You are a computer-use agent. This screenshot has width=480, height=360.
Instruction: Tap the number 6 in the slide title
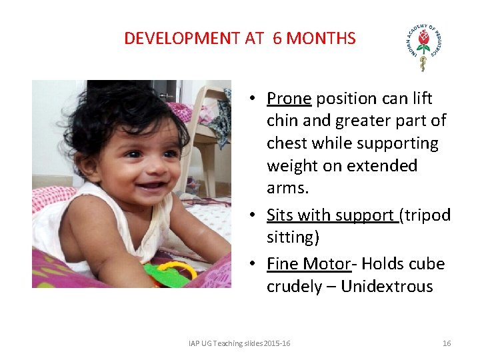click(277, 38)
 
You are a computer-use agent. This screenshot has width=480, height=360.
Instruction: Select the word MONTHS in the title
click(323, 38)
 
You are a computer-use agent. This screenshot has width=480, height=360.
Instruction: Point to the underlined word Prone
click(289, 99)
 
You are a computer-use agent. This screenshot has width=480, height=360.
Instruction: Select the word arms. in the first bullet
click(288, 188)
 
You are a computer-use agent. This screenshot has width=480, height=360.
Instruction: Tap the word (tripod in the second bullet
click(425, 215)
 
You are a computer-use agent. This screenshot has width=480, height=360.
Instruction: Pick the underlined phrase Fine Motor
click(308, 264)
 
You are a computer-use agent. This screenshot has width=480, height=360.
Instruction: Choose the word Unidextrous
click(387, 287)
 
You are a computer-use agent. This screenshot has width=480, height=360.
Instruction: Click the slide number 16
click(447, 343)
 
